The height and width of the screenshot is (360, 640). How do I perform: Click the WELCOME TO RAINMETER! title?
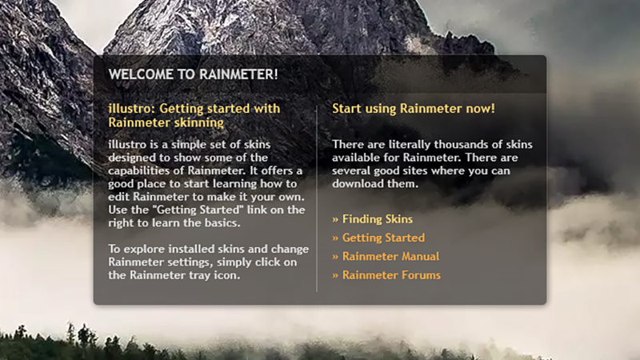(193, 74)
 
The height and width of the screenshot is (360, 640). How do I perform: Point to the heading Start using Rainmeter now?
(414, 109)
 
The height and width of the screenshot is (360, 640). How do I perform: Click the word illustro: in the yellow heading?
(131, 109)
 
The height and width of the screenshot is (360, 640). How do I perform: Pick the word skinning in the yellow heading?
(199, 122)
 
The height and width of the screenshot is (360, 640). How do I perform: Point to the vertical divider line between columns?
(317, 198)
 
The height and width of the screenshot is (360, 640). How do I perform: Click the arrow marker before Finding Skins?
(335, 219)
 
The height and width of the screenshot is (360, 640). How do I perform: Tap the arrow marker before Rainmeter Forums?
(335, 275)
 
